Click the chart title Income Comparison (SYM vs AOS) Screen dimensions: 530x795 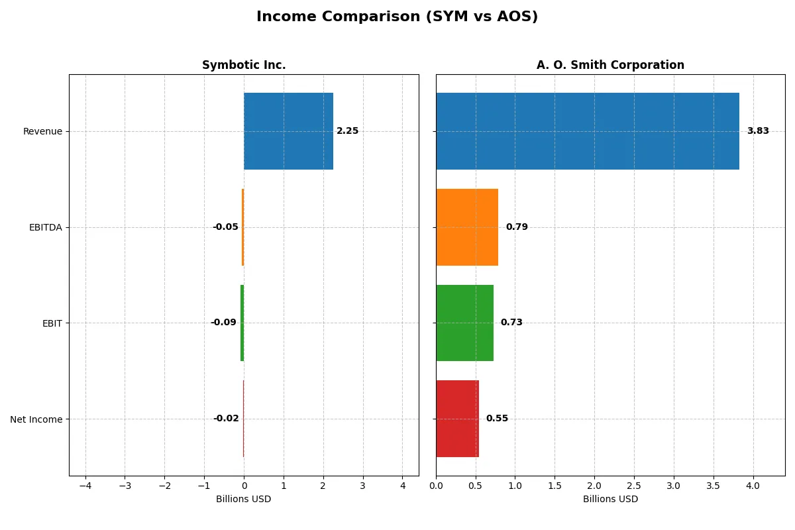[397, 17]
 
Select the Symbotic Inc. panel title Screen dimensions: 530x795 [244, 65]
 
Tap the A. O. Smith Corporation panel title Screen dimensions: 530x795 [610, 65]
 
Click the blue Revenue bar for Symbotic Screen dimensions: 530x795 [288, 131]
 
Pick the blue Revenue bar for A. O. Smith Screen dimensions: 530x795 [587, 131]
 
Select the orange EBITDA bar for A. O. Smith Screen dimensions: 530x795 [467, 227]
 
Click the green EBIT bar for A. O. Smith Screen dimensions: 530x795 [464, 323]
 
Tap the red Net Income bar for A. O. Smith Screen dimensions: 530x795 [457, 419]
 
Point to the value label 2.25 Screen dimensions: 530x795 [347, 131]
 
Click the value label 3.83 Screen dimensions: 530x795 [758, 131]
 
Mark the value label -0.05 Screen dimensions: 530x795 [225, 227]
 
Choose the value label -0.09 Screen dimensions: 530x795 [223, 323]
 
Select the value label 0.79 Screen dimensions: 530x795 [517, 227]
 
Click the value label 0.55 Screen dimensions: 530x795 [497, 419]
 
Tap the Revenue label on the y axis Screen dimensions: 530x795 [42, 131]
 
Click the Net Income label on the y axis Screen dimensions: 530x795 [36, 419]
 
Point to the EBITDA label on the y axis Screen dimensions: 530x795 [45, 227]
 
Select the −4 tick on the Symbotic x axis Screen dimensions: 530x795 [85, 486]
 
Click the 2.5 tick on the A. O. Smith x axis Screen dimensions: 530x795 [634, 486]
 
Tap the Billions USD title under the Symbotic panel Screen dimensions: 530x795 [243, 500]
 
